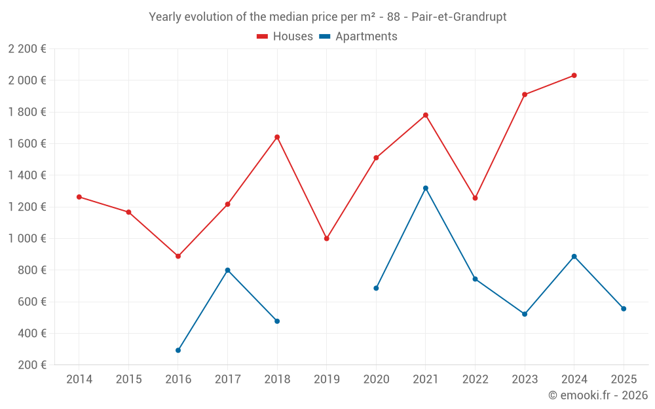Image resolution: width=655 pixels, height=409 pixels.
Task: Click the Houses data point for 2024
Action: tap(574, 75)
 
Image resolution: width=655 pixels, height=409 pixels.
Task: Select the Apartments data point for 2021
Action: tap(426, 188)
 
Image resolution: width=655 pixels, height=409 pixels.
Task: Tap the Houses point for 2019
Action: tap(326, 238)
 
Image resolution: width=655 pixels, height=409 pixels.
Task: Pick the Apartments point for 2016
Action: tap(178, 350)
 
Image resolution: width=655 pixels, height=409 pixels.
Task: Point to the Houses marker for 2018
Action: tap(277, 137)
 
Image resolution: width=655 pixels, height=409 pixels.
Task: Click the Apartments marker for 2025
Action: tap(624, 309)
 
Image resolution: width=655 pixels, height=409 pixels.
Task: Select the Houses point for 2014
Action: tap(79, 197)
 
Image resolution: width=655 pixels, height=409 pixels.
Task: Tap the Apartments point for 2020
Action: tap(376, 288)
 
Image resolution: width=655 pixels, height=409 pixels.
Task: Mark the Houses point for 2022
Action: tap(475, 198)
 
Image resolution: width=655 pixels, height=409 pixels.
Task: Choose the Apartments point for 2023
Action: tap(525, 314)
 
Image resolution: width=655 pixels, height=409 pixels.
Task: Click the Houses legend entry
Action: tap(285, 37)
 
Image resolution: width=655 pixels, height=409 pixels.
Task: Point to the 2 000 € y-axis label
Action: tap(27, 80)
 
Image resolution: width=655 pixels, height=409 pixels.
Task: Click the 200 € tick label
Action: tap(31, 365)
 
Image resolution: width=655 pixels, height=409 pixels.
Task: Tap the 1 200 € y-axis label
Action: tap(27, 207)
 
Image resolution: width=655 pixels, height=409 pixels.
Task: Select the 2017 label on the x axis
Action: tap(227, 380)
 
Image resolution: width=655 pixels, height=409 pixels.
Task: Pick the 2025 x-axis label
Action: tap(624, 380)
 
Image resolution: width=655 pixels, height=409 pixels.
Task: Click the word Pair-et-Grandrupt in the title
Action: tap(458, 17)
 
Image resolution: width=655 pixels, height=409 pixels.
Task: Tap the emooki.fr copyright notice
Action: tap(598, 395)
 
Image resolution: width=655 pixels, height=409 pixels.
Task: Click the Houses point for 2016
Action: tap(178, 256)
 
